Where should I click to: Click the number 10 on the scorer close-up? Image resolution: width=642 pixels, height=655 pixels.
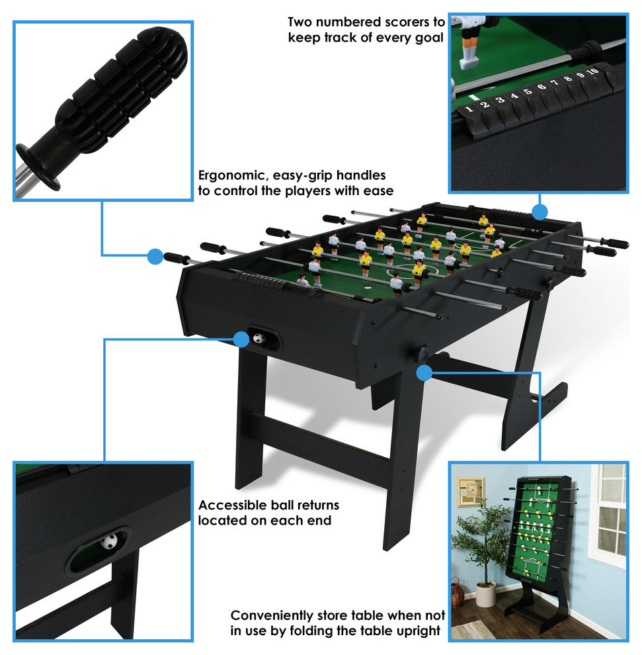click(592, 71)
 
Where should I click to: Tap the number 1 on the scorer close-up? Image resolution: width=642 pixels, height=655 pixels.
click(469, 109)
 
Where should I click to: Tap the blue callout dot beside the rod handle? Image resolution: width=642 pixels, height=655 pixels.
click(155, 257)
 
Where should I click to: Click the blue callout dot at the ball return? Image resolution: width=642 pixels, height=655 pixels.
click(241, 339)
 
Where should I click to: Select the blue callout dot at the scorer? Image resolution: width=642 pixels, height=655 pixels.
click(540, 212)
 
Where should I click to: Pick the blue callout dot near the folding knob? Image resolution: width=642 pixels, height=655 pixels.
click(424, 373)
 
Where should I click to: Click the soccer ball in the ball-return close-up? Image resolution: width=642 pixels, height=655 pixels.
click(109, 543)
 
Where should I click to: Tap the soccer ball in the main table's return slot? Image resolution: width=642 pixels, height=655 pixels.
click(259, 338)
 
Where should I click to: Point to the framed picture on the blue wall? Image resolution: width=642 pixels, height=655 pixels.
click(471, 492)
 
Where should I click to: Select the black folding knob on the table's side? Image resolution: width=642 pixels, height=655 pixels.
click(421, 352)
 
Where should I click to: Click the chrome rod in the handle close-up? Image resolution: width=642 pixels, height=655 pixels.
click(25, 179)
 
